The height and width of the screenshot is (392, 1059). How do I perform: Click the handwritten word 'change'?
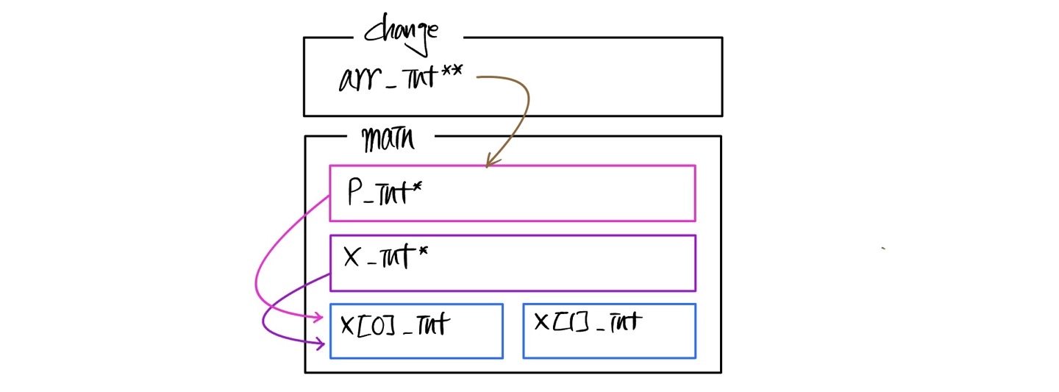pyautogui.click(x=402, y=34)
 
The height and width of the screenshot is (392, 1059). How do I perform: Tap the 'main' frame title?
pyautogui.click(x=388, y=138)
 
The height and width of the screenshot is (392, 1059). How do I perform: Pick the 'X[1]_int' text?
pyautogui.click(x=588, y=321)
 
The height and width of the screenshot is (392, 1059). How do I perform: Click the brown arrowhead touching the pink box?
pyautogui.click(x=490, y=162)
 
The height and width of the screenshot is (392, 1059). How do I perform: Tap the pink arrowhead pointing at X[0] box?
pyautogui.click(x=319, y=318)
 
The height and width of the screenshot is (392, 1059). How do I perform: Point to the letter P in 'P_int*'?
pyautogui.click(x=354, y=193)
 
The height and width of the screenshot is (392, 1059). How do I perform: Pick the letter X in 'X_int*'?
pyautogui.click(x=352, y=258)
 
